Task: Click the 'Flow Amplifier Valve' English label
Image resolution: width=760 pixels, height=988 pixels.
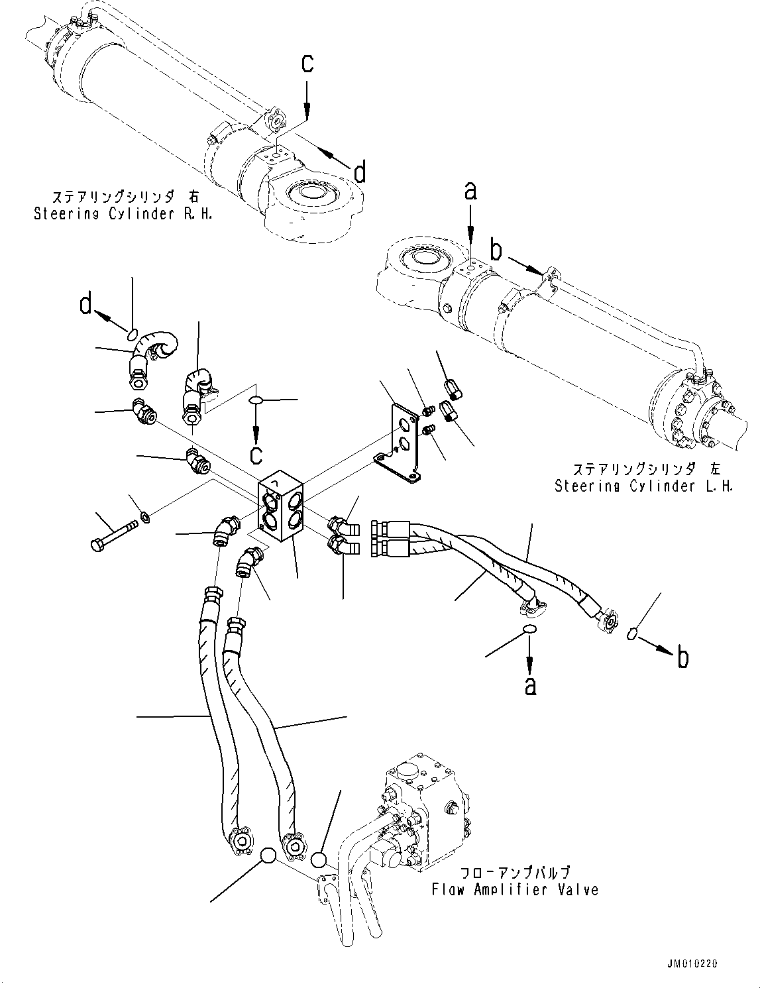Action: [515, 889]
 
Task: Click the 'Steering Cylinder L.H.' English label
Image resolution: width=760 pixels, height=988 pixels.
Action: [643, 486]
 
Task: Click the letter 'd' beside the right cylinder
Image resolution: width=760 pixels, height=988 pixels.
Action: [359, 173]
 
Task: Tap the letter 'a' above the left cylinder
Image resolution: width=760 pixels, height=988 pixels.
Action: [470, 192]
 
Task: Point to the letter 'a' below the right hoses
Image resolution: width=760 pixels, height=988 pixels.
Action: [529, 686]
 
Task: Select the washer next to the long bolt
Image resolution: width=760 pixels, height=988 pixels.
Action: [145, 517]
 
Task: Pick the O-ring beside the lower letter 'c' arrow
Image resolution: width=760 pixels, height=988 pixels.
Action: [256, 400]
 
